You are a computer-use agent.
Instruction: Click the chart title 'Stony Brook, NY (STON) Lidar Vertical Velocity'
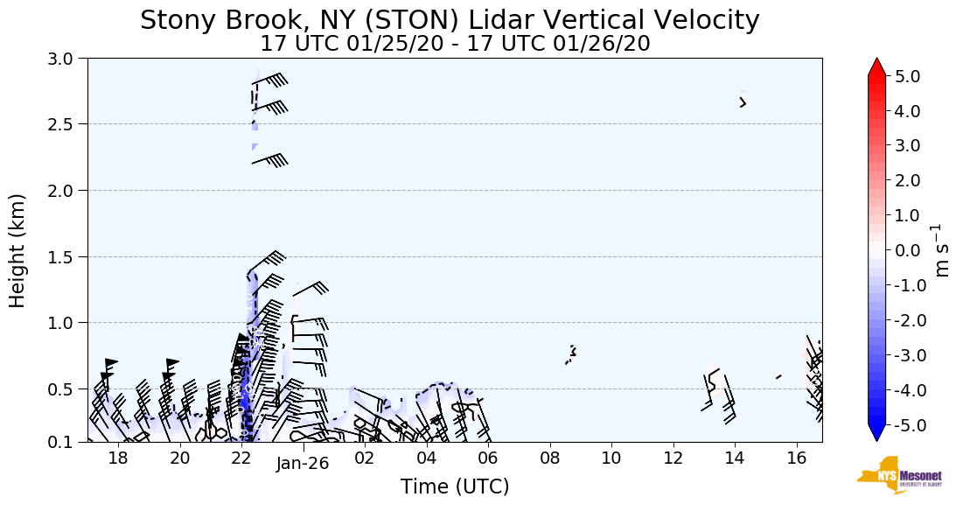(x=450, y=20)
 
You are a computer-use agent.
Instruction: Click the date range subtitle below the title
(x=455, y=43)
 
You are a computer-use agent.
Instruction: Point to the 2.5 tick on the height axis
(x=64, y=124)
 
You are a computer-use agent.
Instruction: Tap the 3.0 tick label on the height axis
(x=64, y=59)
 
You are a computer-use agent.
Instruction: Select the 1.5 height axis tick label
(x=64, y=256)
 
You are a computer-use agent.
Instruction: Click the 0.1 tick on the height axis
(x=64, y=442)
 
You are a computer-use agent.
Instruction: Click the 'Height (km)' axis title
(x=18, y=250)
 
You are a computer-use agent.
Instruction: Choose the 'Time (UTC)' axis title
(x=455, y=487)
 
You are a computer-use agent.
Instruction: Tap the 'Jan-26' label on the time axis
(x=302, y=464)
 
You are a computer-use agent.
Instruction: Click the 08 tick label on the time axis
(x=549, y=458)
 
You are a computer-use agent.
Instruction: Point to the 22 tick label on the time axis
(x=241, y=458)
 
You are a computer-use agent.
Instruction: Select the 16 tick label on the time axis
(x=796, y=458)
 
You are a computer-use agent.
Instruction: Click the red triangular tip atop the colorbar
(x=877, y=67)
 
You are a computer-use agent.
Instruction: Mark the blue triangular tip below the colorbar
(x=877, y=433)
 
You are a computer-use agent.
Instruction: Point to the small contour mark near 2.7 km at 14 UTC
(x=743, y=102)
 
